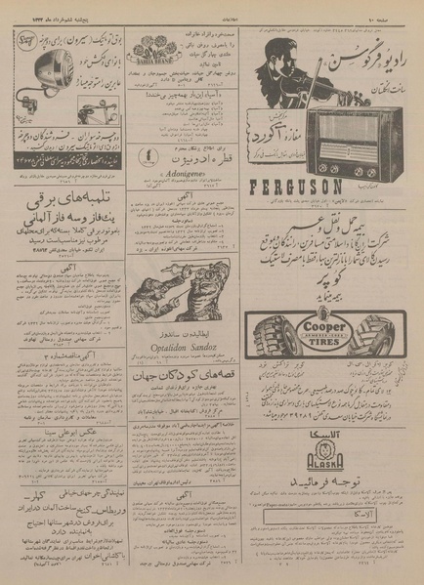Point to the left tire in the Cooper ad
[x=271, y=331]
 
